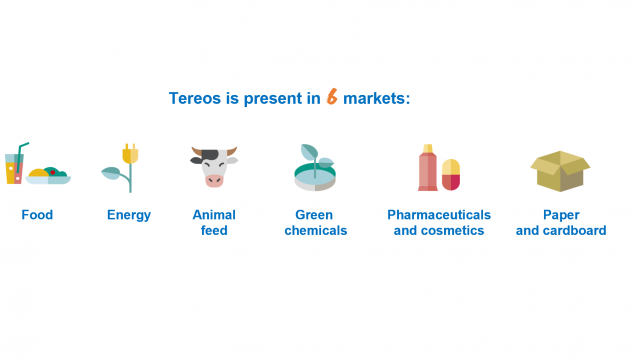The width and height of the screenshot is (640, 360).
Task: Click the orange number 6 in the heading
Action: point(331,97)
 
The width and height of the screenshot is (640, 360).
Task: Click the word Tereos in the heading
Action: point(197,98)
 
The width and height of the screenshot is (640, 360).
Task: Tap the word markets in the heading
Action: point(378,98)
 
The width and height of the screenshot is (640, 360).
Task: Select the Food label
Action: point(37,215)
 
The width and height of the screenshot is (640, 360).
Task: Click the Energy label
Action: point(129,215)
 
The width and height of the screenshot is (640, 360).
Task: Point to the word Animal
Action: point(214,215)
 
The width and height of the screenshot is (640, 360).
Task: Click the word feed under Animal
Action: point(214,231)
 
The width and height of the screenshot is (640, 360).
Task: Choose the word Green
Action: point(315,215)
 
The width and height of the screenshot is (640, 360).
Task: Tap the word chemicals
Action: point(315,231)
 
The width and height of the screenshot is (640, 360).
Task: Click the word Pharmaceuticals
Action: point(439,215)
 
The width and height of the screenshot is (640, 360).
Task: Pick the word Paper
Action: point(561,215)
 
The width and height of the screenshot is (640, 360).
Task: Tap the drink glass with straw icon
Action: point(14,167)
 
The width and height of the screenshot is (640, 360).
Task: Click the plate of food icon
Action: point(48,176)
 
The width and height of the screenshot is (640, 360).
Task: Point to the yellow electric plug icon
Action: point(129,154)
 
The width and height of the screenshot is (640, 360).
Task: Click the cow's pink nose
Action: point(214,180)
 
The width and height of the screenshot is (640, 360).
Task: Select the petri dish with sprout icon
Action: point(314,171)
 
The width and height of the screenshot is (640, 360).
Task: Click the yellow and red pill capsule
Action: point(451,174)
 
